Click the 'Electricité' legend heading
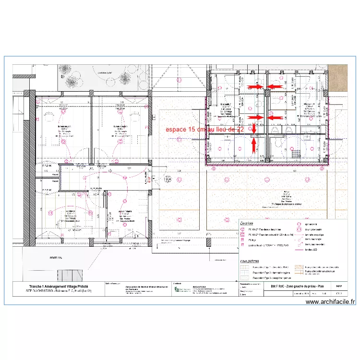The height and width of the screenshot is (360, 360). point(247,223)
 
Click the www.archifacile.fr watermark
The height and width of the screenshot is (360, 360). point(330,302)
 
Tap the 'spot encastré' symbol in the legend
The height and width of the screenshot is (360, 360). point(299,224)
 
